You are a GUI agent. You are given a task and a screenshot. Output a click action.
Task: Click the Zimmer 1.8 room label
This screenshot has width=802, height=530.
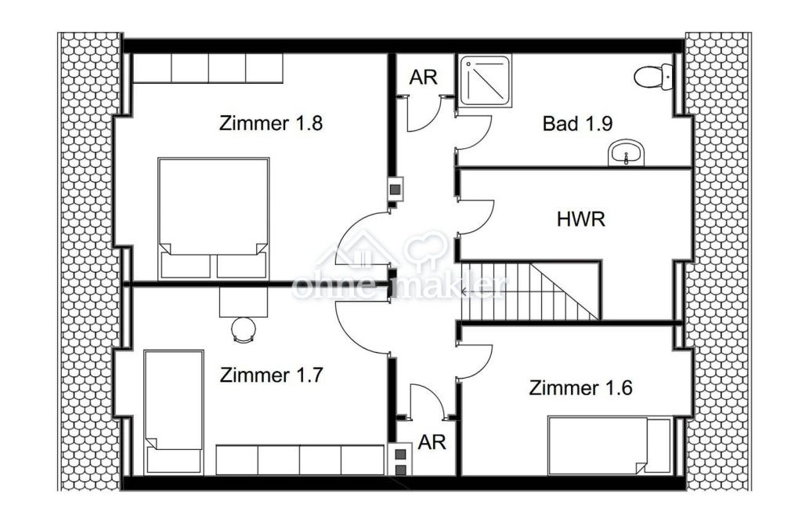tap(270, 123)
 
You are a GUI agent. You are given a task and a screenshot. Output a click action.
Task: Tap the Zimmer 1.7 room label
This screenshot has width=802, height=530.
tap(271, 375)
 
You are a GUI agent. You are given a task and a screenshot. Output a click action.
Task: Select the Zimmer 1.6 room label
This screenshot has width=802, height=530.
tap(580, 387)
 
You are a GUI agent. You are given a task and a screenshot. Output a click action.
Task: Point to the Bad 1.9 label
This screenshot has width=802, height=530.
tap(577, 123)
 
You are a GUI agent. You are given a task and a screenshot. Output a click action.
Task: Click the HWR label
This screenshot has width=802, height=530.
tap(580, 220)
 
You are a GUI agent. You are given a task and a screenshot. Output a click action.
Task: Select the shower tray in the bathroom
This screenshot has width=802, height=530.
tap(485, 81)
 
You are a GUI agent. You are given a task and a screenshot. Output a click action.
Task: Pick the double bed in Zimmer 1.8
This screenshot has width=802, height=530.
tap(213, 219)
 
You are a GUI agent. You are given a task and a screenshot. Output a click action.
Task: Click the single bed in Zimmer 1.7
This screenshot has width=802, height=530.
tap(174, 412)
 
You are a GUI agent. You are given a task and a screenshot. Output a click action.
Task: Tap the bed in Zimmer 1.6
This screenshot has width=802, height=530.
tap(609, 445)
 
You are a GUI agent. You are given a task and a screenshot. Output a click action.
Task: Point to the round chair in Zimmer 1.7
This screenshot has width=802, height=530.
tap(244, 329)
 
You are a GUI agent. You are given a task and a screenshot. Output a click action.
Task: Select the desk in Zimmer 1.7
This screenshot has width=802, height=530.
tap(244, 301)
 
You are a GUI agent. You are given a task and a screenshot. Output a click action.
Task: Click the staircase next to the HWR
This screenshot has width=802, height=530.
tap(530, 291)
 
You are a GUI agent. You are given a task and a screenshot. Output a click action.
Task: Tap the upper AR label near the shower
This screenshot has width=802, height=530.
tap(423, 78)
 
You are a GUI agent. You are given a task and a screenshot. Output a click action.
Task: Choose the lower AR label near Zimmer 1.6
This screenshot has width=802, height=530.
tap(432, 442)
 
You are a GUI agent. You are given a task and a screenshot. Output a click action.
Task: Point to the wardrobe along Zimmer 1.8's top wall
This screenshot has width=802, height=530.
tap(208, 68)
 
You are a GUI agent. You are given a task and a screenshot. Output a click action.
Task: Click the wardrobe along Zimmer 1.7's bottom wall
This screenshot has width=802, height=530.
tap(300, 460)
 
